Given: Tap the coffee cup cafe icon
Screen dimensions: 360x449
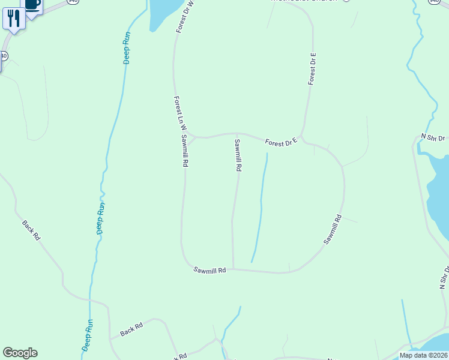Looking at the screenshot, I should [32, 5].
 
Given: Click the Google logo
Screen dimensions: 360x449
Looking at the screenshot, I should [20, 353].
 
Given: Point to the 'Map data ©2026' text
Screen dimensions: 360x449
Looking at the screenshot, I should [423, 355].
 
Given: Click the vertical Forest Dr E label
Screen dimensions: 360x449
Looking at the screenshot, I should [312, 68].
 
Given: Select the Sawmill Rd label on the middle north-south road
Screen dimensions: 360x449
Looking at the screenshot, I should [238, 155].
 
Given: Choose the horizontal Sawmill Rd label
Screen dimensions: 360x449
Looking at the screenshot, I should [209, 271].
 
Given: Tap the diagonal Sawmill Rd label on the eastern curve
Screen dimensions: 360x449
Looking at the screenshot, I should [333, 229].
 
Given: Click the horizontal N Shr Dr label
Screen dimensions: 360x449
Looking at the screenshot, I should [433, 137].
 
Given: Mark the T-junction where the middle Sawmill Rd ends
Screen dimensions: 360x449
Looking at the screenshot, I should [233, 269].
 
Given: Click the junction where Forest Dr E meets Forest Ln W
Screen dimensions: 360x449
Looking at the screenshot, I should [192, 137].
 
